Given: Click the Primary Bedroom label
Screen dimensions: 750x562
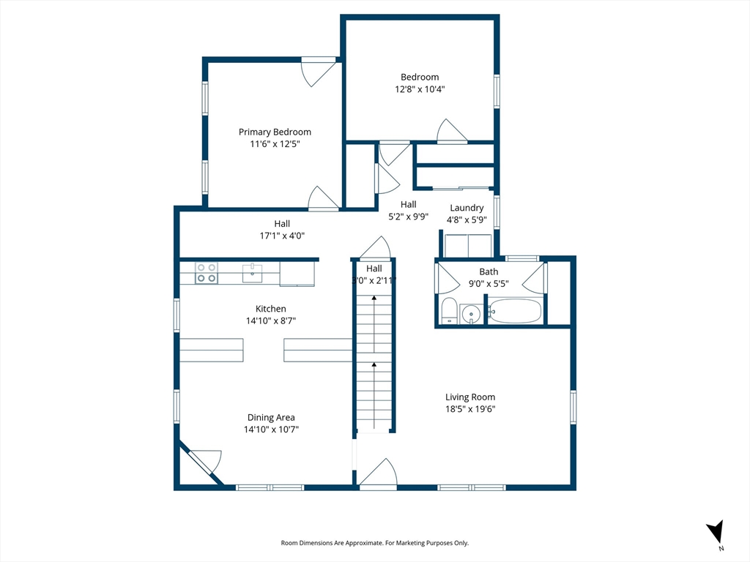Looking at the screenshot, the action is [x=275, y=132].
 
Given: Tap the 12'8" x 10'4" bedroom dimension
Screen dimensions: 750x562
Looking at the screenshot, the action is [x=420, y=89].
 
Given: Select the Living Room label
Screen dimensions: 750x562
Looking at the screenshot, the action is [x=470, y=397].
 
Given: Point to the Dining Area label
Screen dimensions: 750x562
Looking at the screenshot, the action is [x=271, y=417].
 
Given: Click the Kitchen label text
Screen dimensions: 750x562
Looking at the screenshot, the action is [x=271, y=309].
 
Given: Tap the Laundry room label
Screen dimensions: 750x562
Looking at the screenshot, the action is [x=467, y=208].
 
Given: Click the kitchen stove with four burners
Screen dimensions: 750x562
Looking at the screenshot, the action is [x=206, y=273].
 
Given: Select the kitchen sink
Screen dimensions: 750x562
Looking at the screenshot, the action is [x=252, y=274].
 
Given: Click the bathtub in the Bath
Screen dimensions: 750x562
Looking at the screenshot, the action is [x=516, y=311].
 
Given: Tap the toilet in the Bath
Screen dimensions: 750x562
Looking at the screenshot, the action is [x=449, y=310].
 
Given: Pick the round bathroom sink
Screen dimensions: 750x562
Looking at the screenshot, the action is [x=471, y=315].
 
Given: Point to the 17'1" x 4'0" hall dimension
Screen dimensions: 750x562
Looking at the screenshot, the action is [x=282, y=236].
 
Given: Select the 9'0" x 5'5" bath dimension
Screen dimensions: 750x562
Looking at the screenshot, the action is [x=489, y=283].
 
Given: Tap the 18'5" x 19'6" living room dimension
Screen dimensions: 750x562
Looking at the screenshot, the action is [x=470, y=409].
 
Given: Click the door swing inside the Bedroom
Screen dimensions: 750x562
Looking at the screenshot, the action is [x=451, y=131].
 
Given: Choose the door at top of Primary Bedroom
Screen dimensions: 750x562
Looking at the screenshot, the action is [x=318, y=72].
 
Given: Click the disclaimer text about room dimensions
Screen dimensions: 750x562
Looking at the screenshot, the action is [x=374, y=543].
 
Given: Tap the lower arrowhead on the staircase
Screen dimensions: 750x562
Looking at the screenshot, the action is [x=374, y=364].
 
